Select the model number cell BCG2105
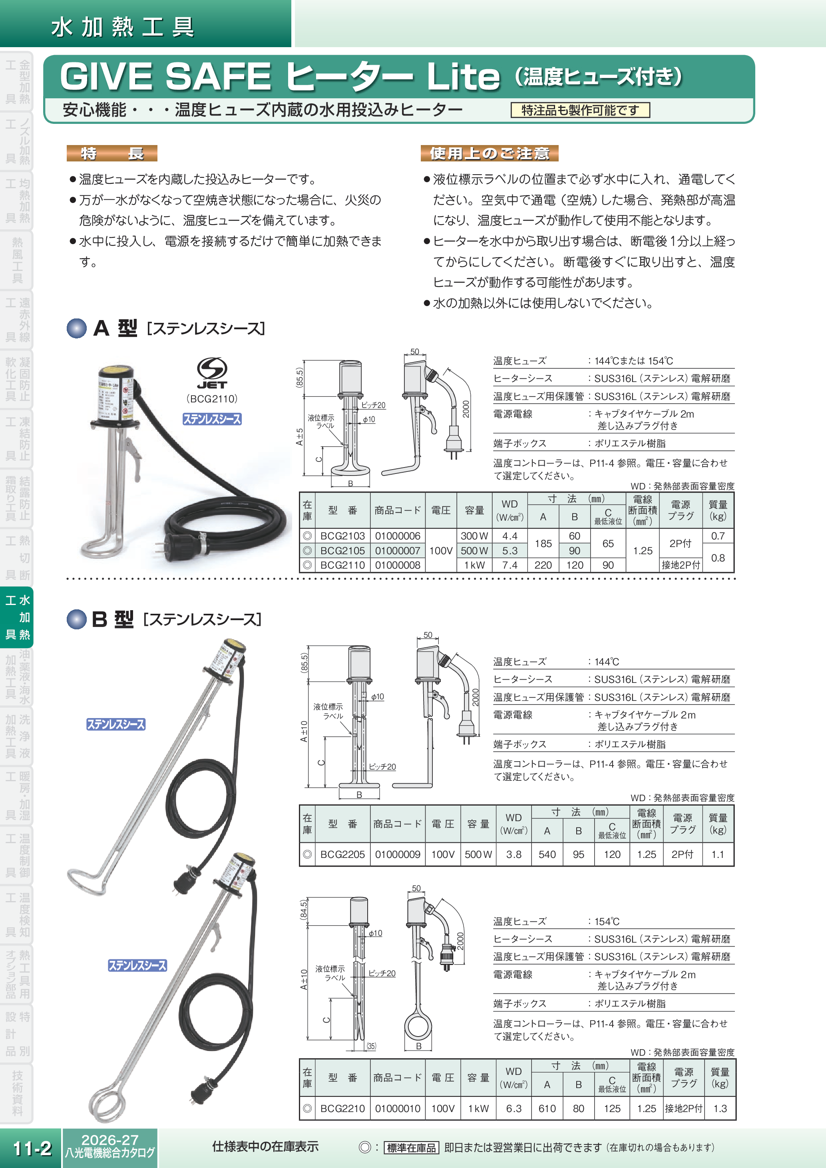click(342, 550)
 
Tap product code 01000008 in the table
click(397, 565)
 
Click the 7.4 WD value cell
click(509, 565)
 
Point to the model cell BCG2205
click(342, 854)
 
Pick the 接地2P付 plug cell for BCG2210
click(683, 1108)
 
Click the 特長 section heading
click(112, 153)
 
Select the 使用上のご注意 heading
click(489, 153)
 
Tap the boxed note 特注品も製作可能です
click(580, 110)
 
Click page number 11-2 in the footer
click(32, 1148)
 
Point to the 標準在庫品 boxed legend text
click(411, 1148)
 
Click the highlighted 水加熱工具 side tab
click(17, 617)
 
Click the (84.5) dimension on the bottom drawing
click(304, 909)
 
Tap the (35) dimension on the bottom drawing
click(371, 1046)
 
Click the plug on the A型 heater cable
click(178, 546)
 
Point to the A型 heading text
click(115, 328)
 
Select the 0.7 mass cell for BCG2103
click(718, 536)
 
